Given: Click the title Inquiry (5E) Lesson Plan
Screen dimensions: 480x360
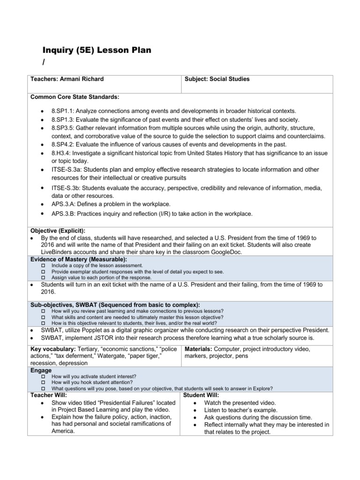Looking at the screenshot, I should click(97, 51).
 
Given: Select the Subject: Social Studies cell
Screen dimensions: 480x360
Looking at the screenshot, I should click(217, 79).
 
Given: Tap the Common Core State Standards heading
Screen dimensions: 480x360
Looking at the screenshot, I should click(75, 97).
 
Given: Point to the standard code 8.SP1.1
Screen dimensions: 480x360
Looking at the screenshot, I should click(63, 111).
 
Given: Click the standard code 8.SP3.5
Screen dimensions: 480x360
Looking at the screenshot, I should click(63, 128).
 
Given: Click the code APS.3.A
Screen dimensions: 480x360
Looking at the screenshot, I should click(64, 204).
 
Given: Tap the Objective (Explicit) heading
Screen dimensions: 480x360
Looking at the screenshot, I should click(58, 231).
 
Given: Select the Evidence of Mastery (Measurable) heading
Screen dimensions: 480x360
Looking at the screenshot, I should click(78, 259).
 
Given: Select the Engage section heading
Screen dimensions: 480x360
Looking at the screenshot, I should click(41, 370).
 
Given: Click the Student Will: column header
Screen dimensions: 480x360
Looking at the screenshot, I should click(197, 395).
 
